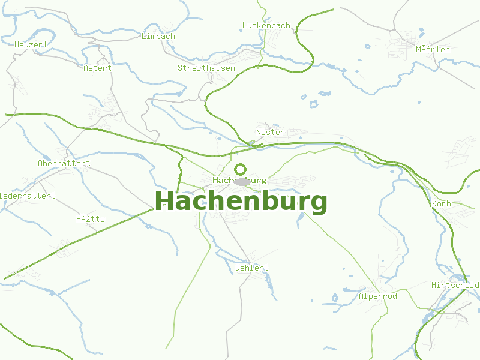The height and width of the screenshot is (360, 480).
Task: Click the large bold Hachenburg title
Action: (241, 202)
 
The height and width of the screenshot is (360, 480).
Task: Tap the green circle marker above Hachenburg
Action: (241, 169)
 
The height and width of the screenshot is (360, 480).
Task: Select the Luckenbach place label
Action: (266, 26)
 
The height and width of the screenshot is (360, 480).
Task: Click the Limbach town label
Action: (158, 36)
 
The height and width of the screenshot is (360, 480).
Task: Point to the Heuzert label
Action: (31, 44)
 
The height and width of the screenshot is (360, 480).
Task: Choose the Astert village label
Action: (98, 68)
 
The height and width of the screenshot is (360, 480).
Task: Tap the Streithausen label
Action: (206, 68)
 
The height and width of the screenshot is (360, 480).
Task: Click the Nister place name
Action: (270, 132)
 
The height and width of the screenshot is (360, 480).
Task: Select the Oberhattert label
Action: (64, 163)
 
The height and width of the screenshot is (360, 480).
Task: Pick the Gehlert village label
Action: (252, 268)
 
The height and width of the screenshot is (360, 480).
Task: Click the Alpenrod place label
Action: (378, 296)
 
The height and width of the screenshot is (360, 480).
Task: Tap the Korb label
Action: (442, 204)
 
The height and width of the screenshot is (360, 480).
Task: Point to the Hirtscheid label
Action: (455, 285)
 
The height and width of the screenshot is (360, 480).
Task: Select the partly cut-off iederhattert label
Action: (28, 196)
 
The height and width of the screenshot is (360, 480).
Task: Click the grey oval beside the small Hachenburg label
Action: (242, 181)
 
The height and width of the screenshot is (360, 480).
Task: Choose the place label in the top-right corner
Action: (433, 49)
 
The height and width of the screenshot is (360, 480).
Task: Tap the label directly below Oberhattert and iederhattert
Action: (91, 219)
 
